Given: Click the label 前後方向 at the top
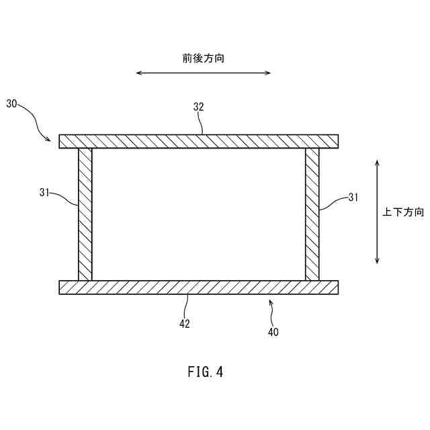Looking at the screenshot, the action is pyautogui.click(x=203, y=58).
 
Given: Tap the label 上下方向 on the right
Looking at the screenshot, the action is pyautogui.click(x=403, y=212).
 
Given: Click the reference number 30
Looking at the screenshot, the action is pyautogui.click(x=12, y=103).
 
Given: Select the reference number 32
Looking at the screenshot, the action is pyautogui.click(x=198, y=107).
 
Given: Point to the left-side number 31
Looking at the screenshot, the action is pyautogui.click(x=44, y=192).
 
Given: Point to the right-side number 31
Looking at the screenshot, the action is pyautogui.click(x=354, y=198).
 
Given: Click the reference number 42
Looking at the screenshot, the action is pyautogui.click(x=184, y=324).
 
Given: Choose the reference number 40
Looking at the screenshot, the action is pyautogui.click(x=273, y=332).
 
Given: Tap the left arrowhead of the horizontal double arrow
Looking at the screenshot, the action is pyautogui.click(x=138, y=73).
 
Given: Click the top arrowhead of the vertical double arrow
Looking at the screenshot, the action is pyautogui.click(x=378, y=163).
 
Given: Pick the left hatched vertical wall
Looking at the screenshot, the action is pyautogui.click(x=85, y=214).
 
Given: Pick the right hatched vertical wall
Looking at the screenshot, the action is pyautogui.click(x=312, y=214).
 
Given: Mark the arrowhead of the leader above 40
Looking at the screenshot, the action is pyautogui.click(x=270, y=303).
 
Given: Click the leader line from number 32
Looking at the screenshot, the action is pyautogui.click(x=201, y=124).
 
